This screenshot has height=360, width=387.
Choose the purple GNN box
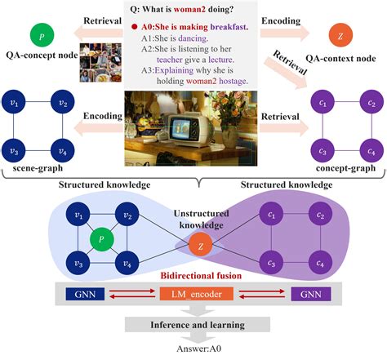(298, 292)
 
